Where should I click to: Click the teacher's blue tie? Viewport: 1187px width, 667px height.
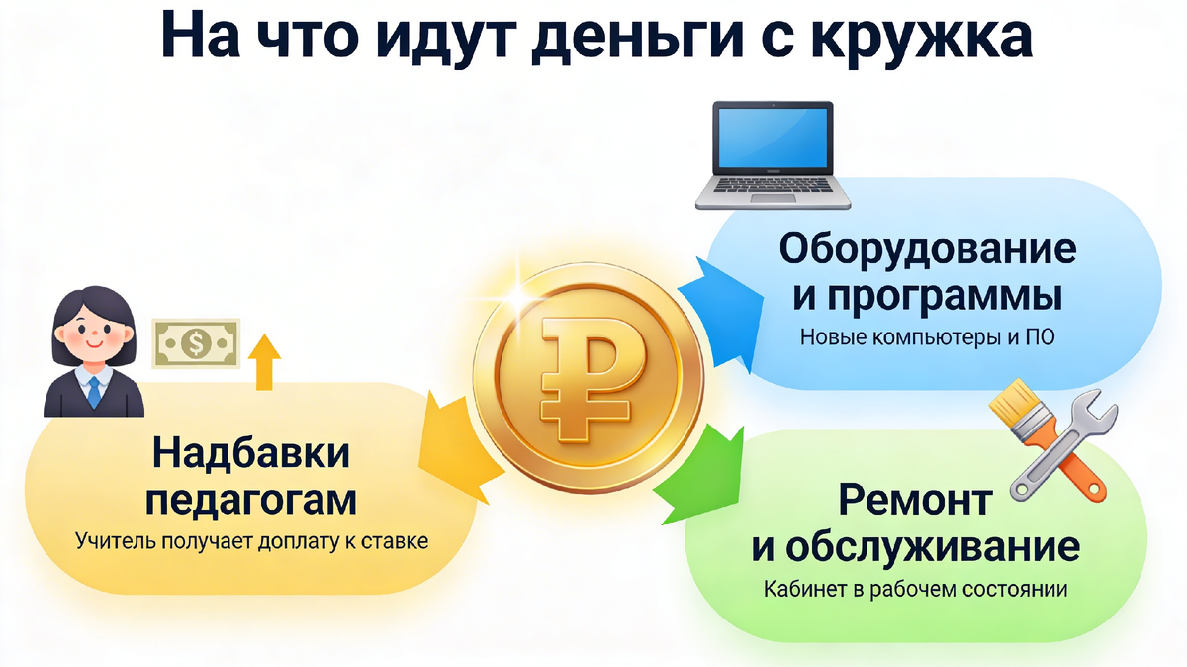coord(94,391)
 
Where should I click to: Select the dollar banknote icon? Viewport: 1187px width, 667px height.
coord(195,343)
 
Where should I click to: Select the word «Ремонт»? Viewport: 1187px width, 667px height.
coord(914,500)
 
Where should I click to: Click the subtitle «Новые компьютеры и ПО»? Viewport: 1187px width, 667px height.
coord(927,338)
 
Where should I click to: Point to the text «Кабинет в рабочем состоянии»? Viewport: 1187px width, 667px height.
coord(915,590)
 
